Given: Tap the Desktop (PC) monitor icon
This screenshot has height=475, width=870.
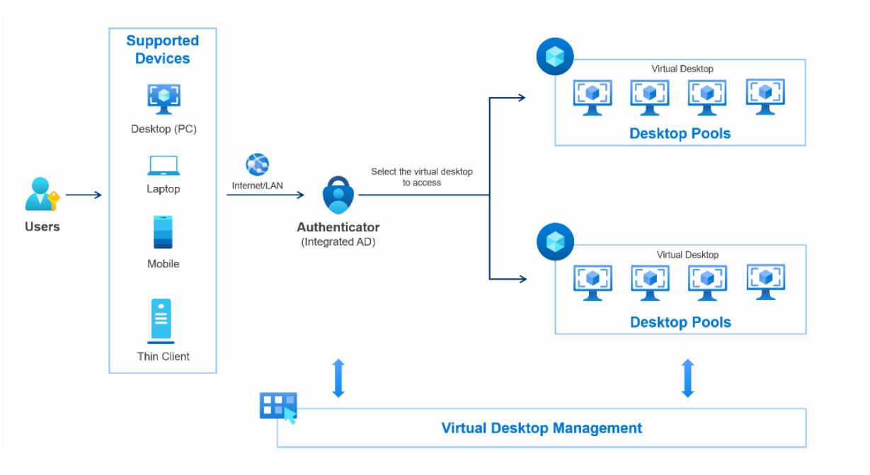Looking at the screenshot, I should [x=164, y=98].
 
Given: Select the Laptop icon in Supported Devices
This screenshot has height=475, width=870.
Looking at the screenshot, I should [x=164, y=166].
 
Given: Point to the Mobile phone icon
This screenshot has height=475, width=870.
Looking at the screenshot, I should [x=164, y=231].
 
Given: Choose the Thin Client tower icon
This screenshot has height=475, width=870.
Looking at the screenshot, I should [x=161, y=321].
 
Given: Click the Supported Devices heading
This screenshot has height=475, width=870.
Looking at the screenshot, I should [x=163, y=50].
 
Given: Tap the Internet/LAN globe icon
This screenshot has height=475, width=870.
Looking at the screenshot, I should [x=257, y=165].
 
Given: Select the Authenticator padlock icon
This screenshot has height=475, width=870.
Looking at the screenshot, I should [x=338, y=195].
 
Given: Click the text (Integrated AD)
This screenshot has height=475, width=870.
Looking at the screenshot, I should [x=338, y=241].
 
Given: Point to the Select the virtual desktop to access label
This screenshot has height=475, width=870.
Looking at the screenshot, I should [x=421, y=177].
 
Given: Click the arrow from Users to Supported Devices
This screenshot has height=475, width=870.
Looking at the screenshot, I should [x=84, y=195].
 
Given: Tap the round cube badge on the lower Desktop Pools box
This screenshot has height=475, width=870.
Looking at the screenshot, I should [x=555, y=241].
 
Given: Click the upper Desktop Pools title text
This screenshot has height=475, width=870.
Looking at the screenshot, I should [x=680, y=133].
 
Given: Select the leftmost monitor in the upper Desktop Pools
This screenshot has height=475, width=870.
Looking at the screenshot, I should [x=592, y=97].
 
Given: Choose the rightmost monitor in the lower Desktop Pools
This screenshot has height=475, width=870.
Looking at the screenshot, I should [x=765, y=282].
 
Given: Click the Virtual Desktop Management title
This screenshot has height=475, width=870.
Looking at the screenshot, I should [x=542, y=428].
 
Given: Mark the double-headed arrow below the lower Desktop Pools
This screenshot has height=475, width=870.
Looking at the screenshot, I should [x=687, y=378].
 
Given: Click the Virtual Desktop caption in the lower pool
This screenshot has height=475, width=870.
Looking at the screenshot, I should [x=687, y=255].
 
